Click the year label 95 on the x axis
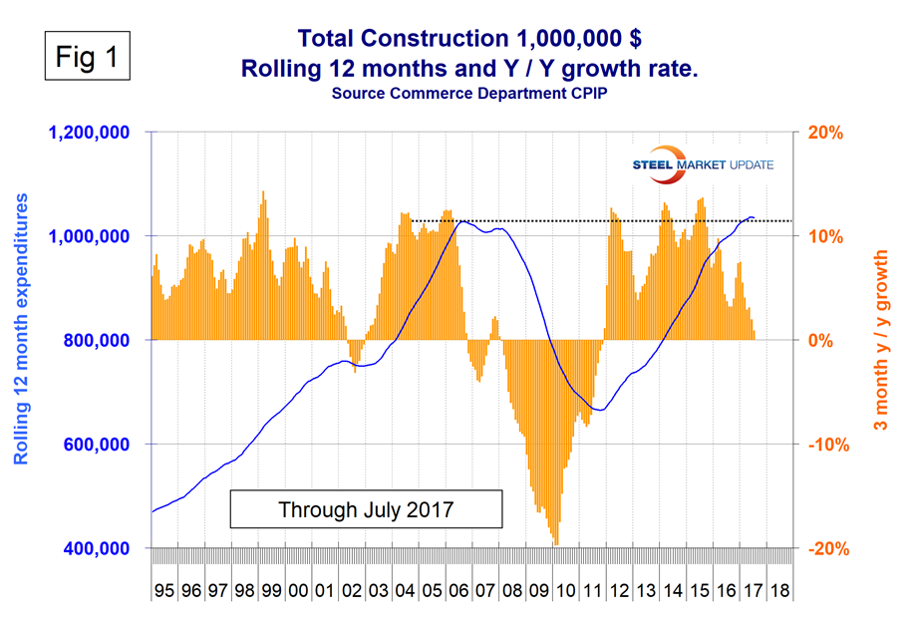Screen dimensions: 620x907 164,591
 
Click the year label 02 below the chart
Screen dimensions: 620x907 351,591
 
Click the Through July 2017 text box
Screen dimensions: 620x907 366,508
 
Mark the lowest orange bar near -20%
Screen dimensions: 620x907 555,542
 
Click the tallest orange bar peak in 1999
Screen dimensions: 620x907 263,193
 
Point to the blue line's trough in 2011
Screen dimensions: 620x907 598,410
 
